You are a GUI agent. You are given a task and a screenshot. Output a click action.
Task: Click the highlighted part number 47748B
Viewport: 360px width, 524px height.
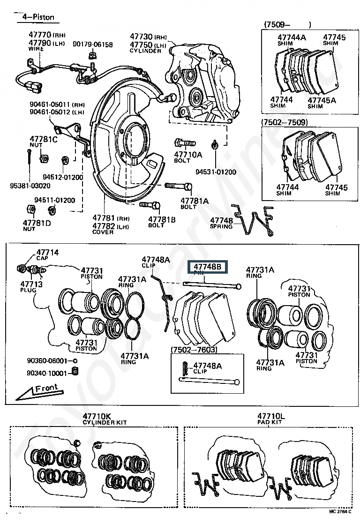coord(207,268)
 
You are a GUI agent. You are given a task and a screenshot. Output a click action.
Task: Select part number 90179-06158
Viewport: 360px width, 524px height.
coord(92,45)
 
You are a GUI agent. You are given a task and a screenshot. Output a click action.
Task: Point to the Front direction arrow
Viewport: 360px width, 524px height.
coord(43,390)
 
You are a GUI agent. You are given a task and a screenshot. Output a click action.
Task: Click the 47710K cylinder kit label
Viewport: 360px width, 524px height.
coord(97,416)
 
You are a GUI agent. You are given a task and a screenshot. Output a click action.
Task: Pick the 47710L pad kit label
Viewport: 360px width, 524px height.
coord(270,416)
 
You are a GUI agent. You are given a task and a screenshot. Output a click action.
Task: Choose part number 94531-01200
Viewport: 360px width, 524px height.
coord(216,172)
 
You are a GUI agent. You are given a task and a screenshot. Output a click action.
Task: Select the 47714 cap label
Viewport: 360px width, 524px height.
coord(47,253)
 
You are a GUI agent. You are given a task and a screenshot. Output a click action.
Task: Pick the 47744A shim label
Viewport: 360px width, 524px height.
coord(291,37)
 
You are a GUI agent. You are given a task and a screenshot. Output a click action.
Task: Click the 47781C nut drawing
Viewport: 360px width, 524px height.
coord(44,158)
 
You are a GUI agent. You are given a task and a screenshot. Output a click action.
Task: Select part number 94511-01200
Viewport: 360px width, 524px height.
coord(59,200)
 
